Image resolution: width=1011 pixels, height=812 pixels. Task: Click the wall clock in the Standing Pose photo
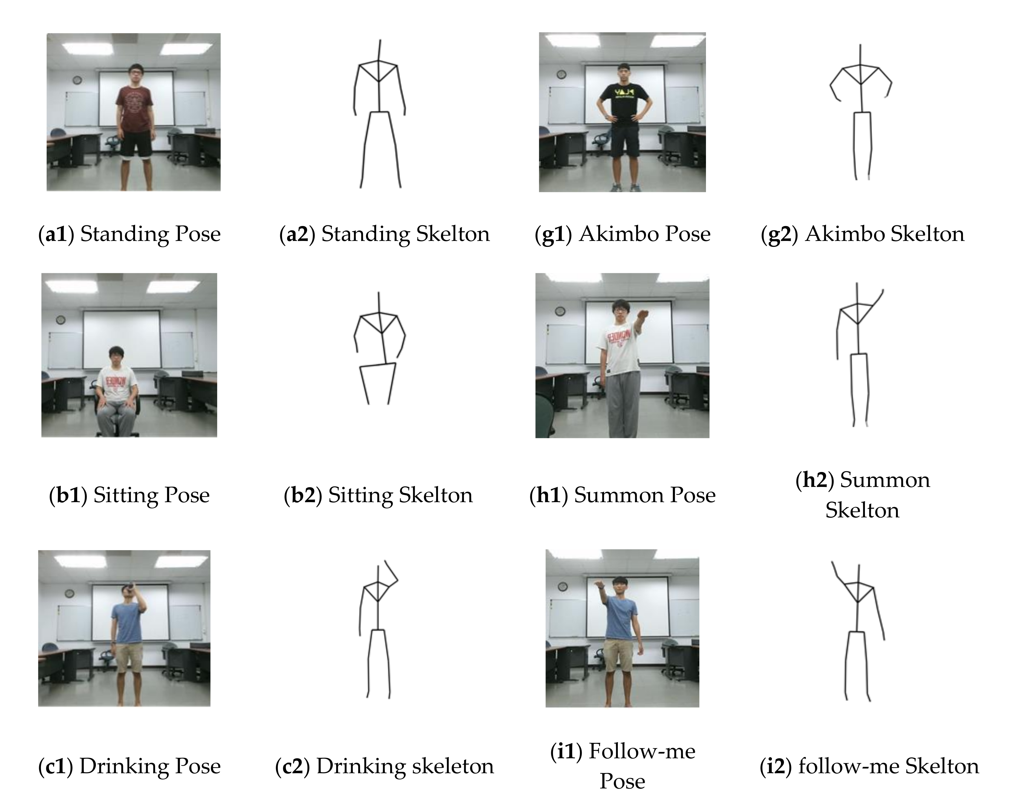click(77, 80)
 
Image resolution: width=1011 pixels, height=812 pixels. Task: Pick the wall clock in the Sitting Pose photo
click(60, 319)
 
